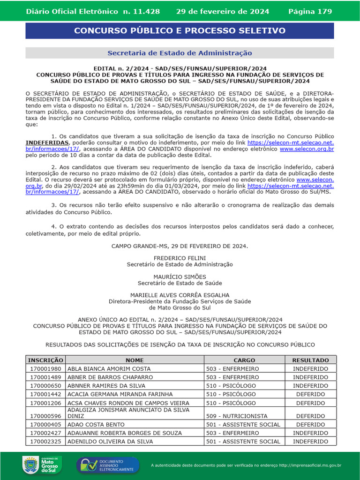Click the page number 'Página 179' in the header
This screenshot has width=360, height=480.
pyautogui.click(x=310, y=11)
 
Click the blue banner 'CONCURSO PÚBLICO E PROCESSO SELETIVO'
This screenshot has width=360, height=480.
pyautogui.click(x=180, y=31)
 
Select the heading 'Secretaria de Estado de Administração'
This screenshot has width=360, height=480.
pyautogui.click(x=180, y=53)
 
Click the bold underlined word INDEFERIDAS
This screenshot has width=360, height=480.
pyautogui.click(x=47, y=142)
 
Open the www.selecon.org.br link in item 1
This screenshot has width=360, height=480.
pyautogui.click(x=307, y=149)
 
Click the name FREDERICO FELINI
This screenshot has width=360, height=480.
pyautogui.click(x=180, y=258)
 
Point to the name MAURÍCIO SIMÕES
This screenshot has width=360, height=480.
pyautogui.click(x=180, y=277)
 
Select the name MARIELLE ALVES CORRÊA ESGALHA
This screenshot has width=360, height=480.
pyautogui.click(x=180, y=295)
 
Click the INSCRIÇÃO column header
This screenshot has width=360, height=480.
pyautogui.click(x=45, y=360)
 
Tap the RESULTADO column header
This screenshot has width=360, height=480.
pyautogui.click(x=310, y=360)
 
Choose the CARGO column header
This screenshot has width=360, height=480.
pyautogui.click(x=244, y=360)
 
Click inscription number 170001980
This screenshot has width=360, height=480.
pyautogui.click(x=45, y=369)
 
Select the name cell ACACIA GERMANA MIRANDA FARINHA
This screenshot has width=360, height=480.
pyautogui.click(x=120, y=394)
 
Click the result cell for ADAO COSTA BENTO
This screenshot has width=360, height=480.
pyautogui.click(x=310, y=424)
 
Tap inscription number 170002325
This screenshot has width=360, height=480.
pyautogui.click(x=45, y=442)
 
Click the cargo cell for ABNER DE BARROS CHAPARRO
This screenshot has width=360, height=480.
pyautogui.click(x=232, y=377)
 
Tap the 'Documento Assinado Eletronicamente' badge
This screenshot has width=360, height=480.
pyautogui.click(x=108, y=465)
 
